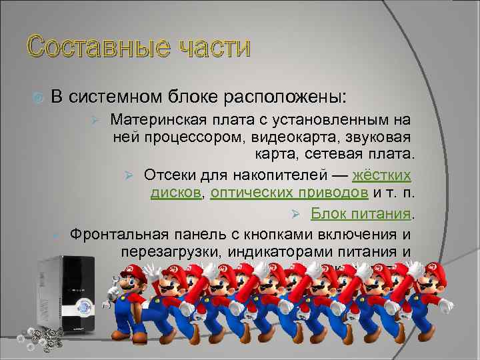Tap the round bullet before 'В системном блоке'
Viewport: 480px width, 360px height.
click(x=37, y=98)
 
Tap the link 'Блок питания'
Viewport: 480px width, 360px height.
click(x=361, y=213)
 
